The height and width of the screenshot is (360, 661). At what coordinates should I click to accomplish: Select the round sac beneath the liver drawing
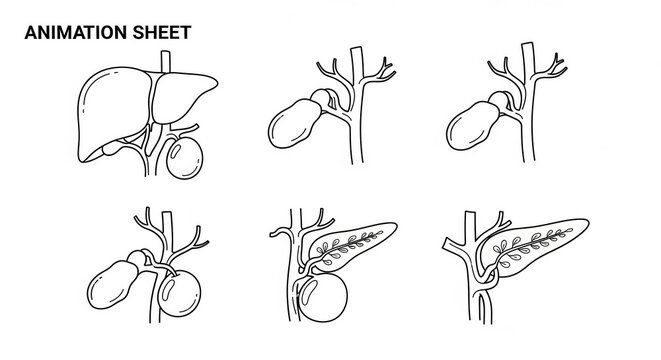coord(186,157)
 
